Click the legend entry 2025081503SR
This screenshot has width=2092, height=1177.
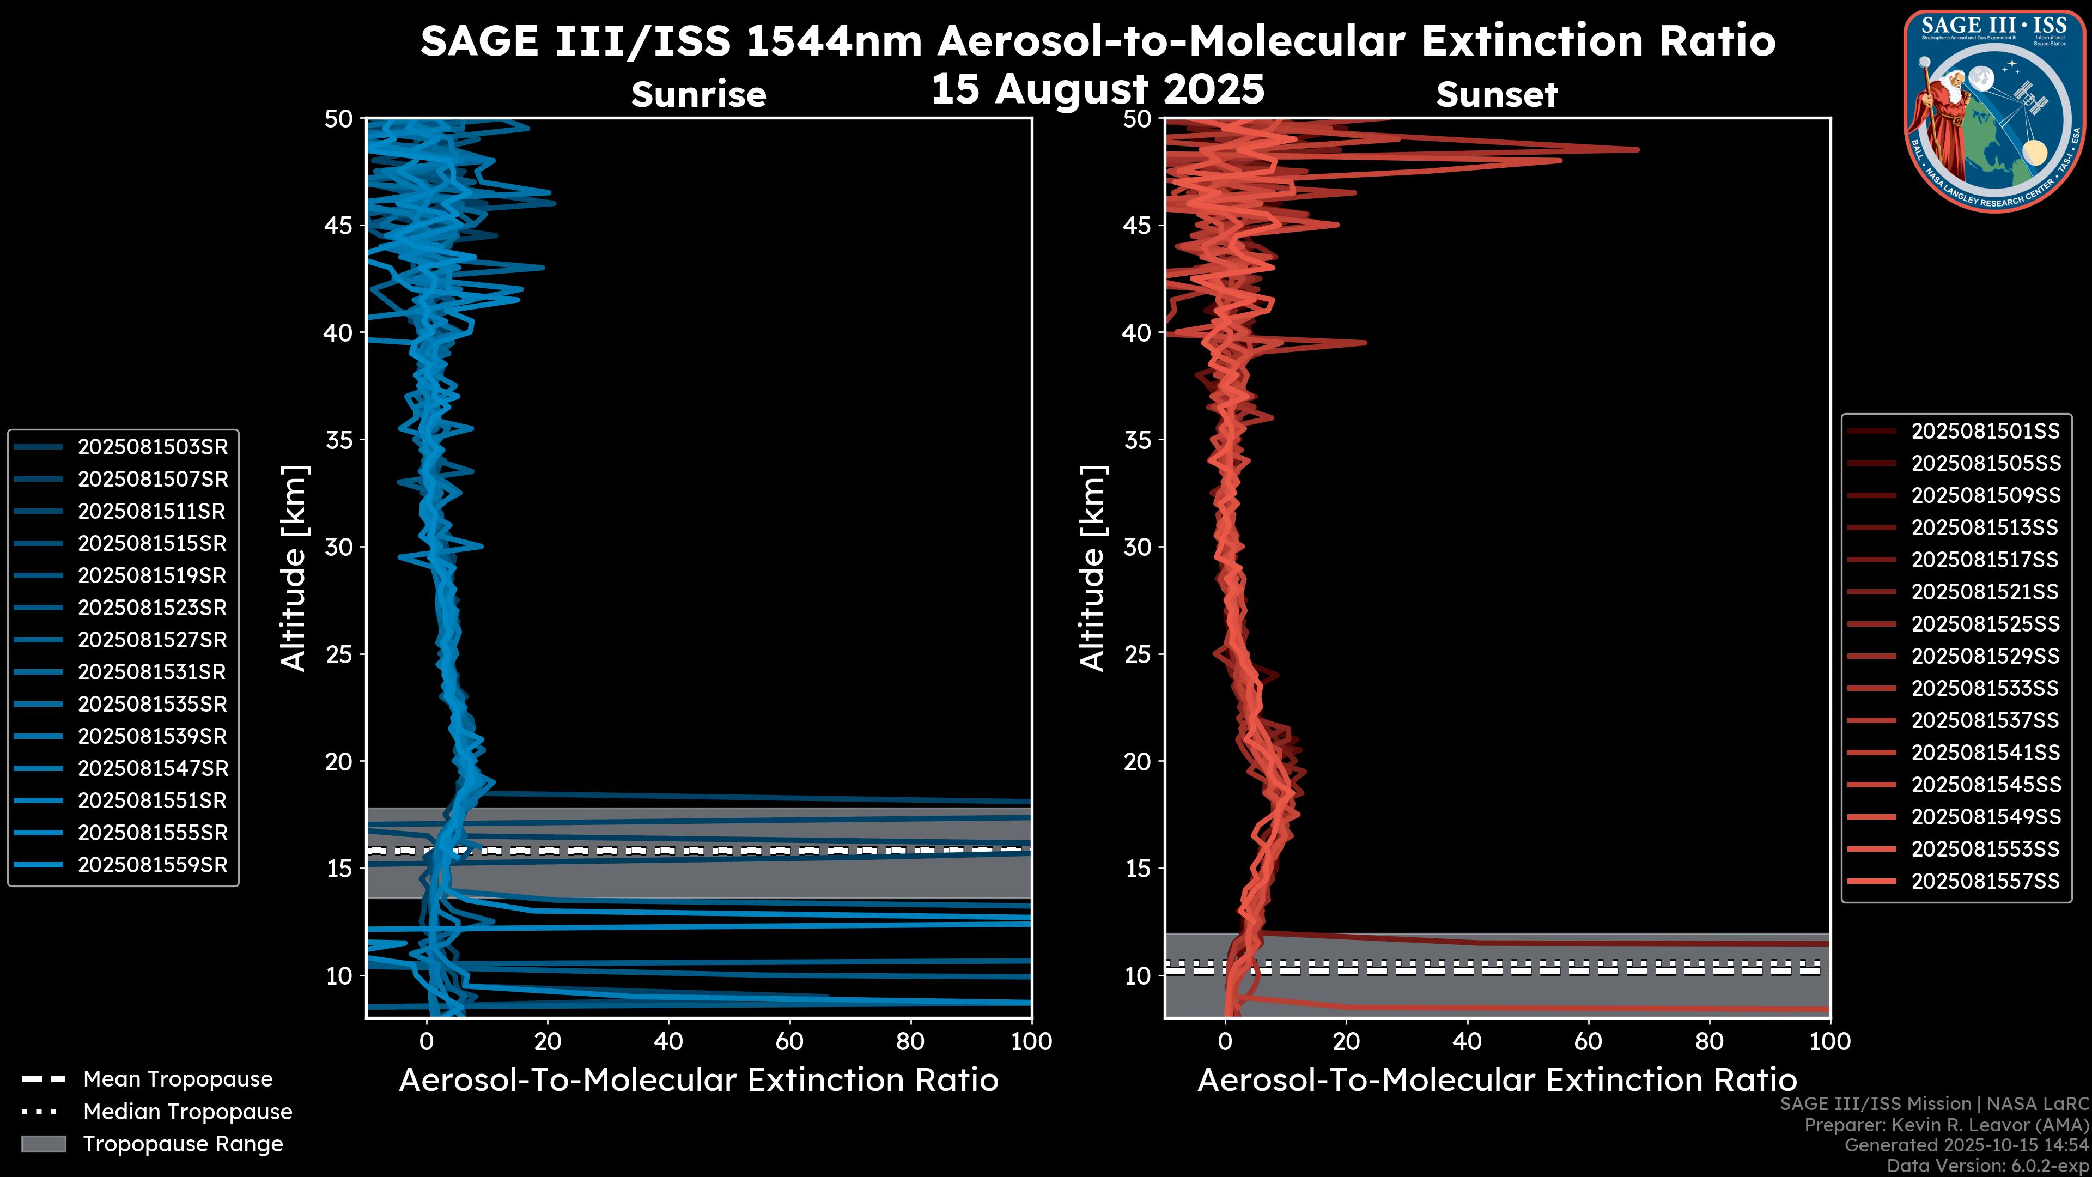(153, 447)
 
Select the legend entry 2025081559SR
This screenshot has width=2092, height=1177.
(153, 865)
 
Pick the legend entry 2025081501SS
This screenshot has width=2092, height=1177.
(1985, 432)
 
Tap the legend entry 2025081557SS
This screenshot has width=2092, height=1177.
(1985, 881)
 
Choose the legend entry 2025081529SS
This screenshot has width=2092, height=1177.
(1985, 656)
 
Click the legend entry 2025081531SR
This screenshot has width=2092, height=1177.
(153, 672)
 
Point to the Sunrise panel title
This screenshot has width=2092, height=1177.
(698, 95)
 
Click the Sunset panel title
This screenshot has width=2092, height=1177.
(1497, 95)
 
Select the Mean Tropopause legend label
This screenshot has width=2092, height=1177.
(178, 1079)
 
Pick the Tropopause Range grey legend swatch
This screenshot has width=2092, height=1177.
(44, 1144)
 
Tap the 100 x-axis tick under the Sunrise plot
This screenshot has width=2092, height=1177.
(1031, 1041)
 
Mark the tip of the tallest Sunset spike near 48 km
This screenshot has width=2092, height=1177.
(1638, 149)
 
